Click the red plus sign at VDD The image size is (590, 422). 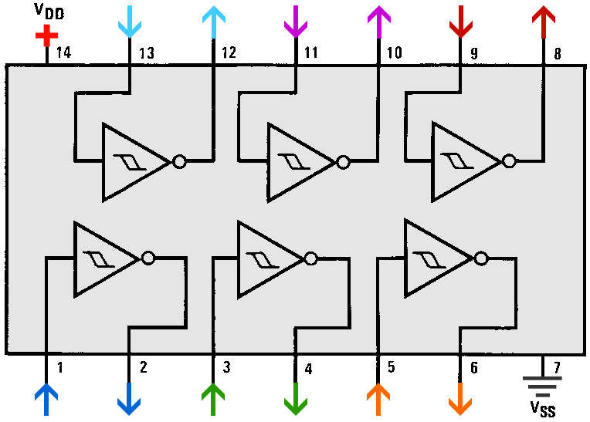(x=46, y=35)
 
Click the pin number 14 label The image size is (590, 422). (x=63, y=53)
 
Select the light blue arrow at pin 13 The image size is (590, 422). (x=129, y=22)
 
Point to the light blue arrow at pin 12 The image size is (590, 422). (x=212, y=22)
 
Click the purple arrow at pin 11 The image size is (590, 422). (x=296, y=22)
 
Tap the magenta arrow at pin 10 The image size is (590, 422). (x=378, y=22)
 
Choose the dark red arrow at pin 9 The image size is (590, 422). (x=461, y=22)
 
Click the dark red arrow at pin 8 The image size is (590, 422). (x=544, y=22)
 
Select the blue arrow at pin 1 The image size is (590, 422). (x=46, y=400)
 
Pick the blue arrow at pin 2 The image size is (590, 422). (x=128, y=400)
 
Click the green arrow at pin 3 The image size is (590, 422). (x=212, y=400)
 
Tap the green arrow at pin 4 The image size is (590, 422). (x=295, y=400)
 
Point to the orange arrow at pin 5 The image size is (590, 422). (x=378, y=400)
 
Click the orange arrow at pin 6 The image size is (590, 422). (x=460, y=400)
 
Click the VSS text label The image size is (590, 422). (x=542, y=408)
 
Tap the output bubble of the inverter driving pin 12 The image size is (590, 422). (x=179, y=161)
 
